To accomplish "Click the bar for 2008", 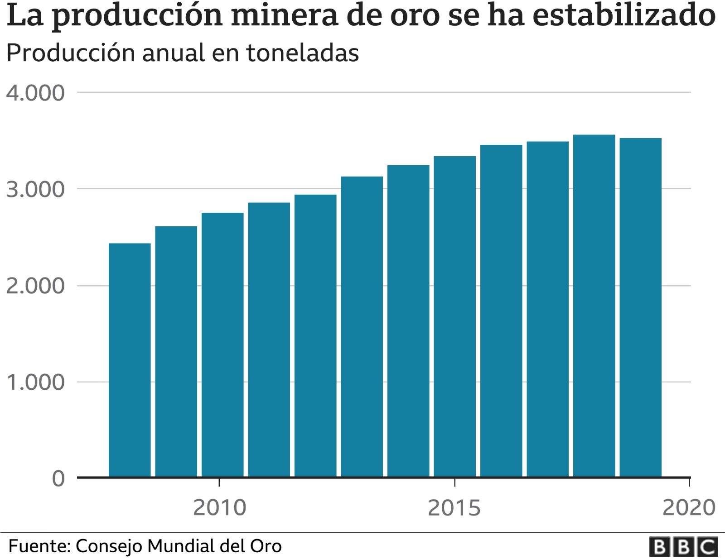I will (130, 360).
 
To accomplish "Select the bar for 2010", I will (222, 344).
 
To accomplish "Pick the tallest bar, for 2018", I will (594, 306).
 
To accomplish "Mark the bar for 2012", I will (315, 335).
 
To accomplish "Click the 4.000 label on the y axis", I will (35, 93).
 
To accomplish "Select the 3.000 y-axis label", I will (35, 190).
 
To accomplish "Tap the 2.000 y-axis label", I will (35, 286).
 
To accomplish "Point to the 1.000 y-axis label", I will (35, 382).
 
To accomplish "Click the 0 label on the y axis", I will (58, 479).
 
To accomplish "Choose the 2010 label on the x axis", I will (219, 508).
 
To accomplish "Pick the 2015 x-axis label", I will (454, 508).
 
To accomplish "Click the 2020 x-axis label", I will (689, 508).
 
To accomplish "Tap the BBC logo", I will (683, 547).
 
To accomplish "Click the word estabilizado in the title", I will (624, 14).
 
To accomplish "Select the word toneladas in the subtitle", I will (302, 53).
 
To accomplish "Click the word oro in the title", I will (416, 14).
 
